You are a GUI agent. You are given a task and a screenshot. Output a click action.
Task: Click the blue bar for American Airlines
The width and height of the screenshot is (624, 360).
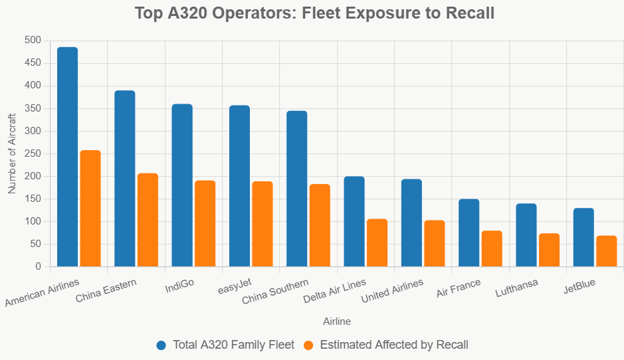click(67, 157)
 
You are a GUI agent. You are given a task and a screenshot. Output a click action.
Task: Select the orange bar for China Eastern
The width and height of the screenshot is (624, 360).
click(148, 220)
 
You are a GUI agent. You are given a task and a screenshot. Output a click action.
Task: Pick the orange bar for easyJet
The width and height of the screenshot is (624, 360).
click(262, 224)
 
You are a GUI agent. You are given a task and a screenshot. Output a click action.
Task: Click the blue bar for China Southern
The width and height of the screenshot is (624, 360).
click(296, 189)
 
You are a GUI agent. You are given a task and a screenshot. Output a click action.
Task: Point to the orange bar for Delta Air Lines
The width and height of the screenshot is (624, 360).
click(377, 242)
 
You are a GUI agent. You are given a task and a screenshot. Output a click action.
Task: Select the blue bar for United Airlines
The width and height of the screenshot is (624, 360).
click(411, 223)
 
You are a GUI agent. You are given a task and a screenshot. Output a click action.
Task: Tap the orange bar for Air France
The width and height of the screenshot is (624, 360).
click(492, 248)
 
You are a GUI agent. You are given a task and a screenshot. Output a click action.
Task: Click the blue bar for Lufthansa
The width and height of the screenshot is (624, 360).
click(526, 235)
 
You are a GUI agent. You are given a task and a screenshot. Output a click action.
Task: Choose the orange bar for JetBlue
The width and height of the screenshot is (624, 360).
click(607, 251)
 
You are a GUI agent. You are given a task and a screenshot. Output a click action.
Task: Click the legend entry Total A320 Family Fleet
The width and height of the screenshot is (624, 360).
click(225, 345)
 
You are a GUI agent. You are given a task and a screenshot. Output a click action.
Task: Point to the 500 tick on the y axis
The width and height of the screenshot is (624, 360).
click(33, 41)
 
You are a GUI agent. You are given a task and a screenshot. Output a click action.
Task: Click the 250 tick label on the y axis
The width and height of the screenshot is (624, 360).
click(33, 153)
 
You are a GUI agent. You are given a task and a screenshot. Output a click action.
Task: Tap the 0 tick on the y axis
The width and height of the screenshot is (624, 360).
click(38, 266)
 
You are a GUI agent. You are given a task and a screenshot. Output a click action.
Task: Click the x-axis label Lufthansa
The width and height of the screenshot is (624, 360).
click(516, 286)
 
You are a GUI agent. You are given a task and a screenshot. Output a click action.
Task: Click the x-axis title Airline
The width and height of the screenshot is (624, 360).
click(337, 321)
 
